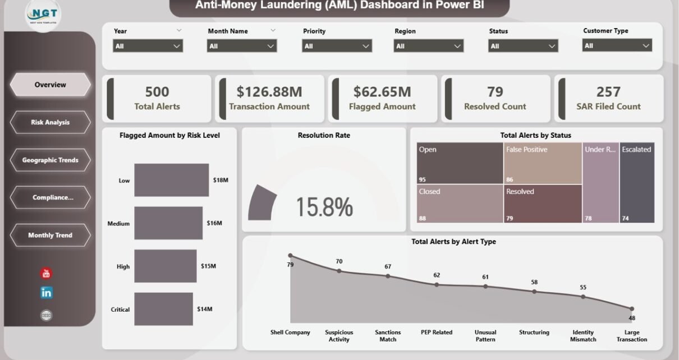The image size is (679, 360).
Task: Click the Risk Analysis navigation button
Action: (x=50, y=122)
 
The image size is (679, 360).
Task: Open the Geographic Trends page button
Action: (x=50, y=160)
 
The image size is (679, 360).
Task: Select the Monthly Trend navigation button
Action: (x=50, y=235)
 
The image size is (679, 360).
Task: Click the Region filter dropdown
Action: (x=429, y=46)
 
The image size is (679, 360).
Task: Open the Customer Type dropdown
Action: (x=617, y=45)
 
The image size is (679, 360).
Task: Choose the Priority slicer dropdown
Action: (x=337, y=46)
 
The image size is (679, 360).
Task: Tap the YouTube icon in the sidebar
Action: (x=46, y=274)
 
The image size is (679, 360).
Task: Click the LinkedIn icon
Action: (x=47, y=293)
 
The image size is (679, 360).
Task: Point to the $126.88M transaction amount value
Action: (x=269, y=91)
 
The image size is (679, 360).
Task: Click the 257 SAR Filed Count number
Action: (x=608, y=91)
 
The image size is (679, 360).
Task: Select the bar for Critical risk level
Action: (x=164, y=309)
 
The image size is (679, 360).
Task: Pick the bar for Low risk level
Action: (x=171, y=180)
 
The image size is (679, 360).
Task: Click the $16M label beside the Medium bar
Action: (x=214, y=223)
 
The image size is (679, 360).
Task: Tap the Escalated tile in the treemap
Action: (x=637, y=182)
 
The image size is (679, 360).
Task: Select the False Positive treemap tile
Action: (x=543, y=163)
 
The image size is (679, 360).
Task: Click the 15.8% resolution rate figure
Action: (x=324, y=207)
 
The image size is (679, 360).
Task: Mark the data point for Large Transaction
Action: (x=631, y=308)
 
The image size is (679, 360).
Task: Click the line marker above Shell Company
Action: (x=290, y=256)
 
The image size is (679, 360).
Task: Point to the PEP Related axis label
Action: (x=437, y=333)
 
